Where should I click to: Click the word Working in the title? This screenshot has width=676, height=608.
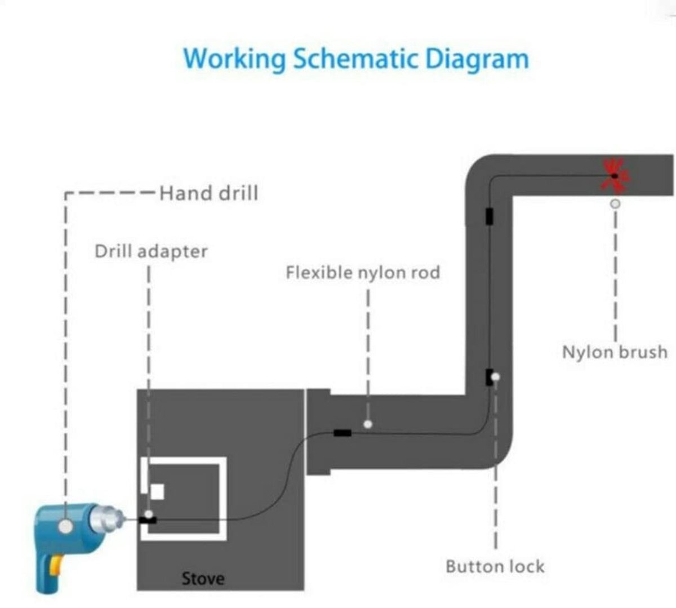(x=234, y=60)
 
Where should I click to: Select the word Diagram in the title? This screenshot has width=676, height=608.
(x=477, y=60)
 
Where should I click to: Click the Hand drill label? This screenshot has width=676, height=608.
(x=209, y=193)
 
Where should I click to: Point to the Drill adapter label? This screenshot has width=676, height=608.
(x=151, y=252)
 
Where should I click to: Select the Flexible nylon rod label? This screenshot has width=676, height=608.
(x=363, y=273)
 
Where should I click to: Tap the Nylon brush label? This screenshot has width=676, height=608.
(x=615, y=352)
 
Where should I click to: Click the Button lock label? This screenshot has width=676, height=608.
(x=495, y=566)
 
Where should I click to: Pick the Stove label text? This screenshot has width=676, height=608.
(x=203, y=578)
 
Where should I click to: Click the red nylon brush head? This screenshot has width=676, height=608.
(x=615, y=176)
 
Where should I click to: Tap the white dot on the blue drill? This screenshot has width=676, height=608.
(x=66, y=526)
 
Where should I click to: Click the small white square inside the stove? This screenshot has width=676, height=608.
(x=157, y=492)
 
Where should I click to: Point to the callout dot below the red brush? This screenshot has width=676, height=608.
(x=615, y=203)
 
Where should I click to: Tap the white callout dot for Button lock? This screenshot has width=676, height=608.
(x=495, y=377)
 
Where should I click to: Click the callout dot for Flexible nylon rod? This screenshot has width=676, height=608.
(x=368, y=424)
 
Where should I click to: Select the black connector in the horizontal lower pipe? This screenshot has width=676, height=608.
(x=343, y=433)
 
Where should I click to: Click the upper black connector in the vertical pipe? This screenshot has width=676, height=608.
(x=489, y=216)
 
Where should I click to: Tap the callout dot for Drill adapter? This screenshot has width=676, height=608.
(x=149, y=514)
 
